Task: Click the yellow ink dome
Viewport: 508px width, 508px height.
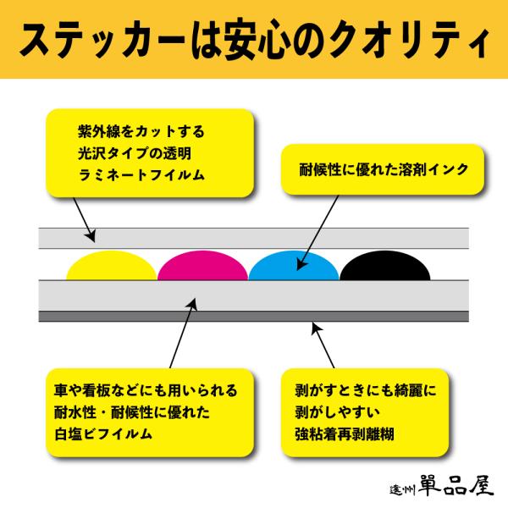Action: click(111, 267)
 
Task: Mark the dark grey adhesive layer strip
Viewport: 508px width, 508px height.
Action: click(254, 317)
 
